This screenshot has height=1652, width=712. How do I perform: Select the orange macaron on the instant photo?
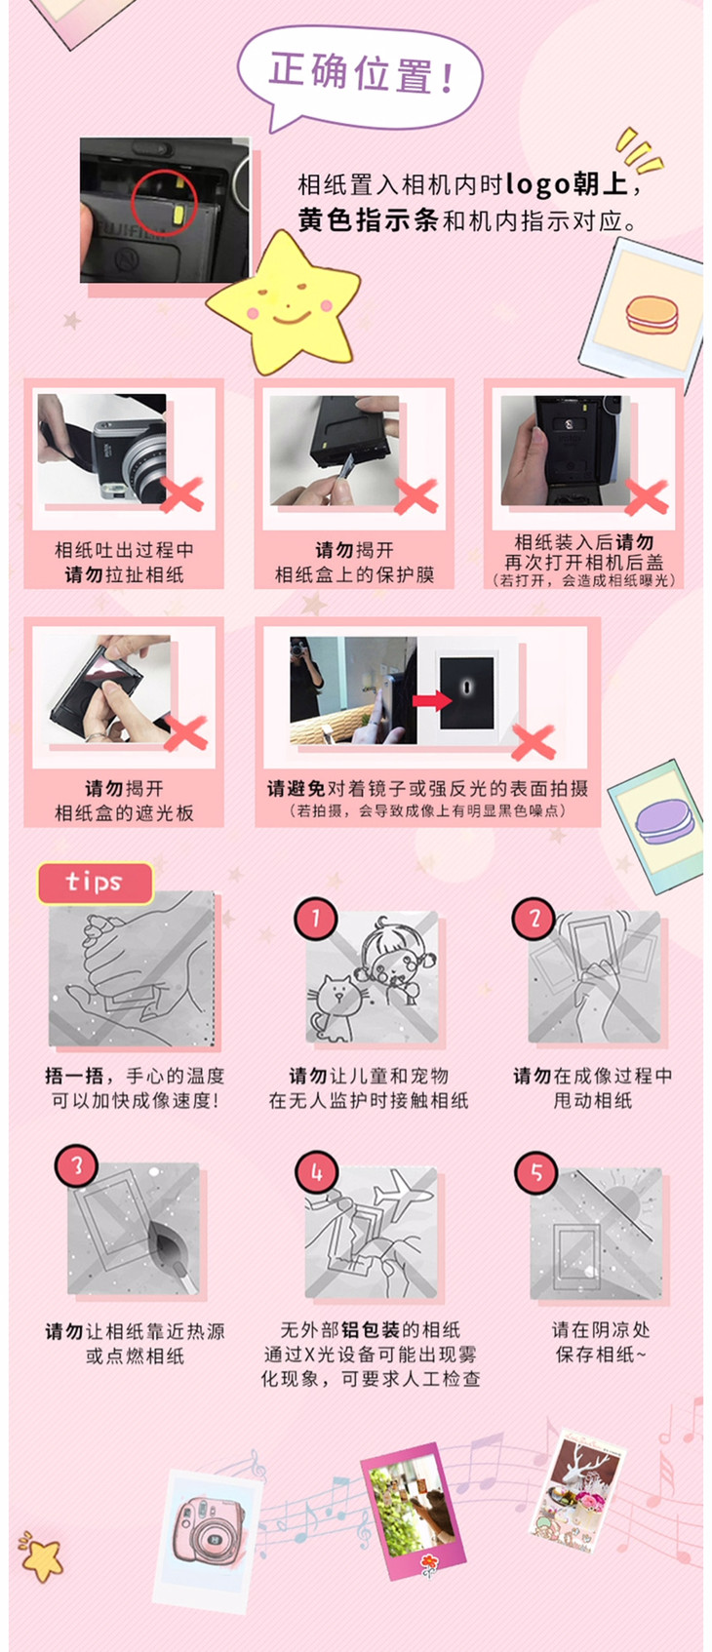click(x=652, y=315)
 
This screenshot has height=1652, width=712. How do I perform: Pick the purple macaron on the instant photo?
click(x=663, y=821)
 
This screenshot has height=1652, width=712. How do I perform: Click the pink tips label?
click(x=96, y=883)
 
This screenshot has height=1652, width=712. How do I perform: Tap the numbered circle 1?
click(x=316, y=919)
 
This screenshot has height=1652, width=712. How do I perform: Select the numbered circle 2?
click(x=534, y=919)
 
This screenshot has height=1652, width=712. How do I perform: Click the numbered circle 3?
click(x=76, y=1166)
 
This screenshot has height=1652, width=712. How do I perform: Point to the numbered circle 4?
click(x=317, y=1172)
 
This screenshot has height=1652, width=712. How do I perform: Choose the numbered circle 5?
click(x=536, y=1172)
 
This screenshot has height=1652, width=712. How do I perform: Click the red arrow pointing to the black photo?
click(x=432, y=700)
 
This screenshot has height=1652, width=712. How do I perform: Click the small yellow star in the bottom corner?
click(x=42, y=1557)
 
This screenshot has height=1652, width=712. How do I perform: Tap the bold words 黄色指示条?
click(x=368, y=220)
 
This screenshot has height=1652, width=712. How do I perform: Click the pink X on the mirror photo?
click(x=534, y=742)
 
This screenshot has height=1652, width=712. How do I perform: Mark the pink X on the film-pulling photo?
click(x=181, y=494)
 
